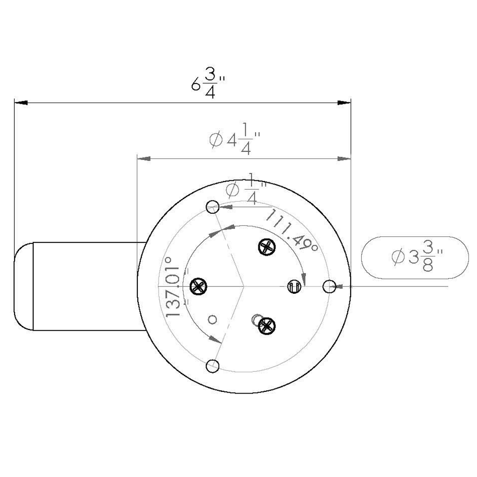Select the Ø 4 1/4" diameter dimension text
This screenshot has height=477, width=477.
point(234,141)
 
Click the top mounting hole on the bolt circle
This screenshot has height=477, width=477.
point(212,206)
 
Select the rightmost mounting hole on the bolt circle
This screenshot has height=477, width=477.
point(329,286)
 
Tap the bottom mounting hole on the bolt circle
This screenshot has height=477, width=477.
point(213,366)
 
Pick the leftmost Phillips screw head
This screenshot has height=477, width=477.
point(198,286)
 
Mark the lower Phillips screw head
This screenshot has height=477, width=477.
point(266,326)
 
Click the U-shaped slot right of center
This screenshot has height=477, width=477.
point(295,286)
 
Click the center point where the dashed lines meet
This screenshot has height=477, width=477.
point(244,286)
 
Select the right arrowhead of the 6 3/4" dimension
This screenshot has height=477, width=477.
point(344,102)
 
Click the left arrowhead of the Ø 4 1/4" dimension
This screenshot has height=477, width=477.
point(144,158)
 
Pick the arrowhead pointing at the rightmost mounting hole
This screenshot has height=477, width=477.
point(340,286)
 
